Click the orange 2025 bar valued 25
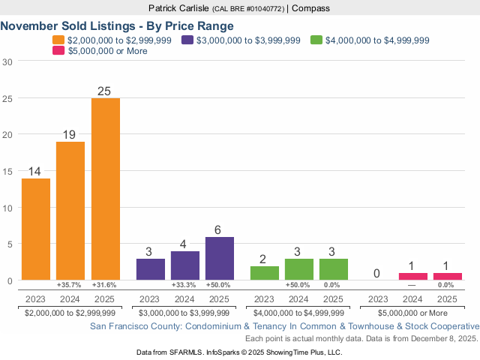click(106, 189)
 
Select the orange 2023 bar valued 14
click(36, 229)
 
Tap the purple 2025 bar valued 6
click(220, 258)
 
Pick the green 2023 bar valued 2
click(264, 273)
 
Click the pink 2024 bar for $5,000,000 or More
click(413, 276)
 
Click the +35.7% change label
click(70, 285)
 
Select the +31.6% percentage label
click(106, 285)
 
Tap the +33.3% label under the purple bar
click(184, 285)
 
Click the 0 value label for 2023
click(379, 274)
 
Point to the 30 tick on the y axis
click(7, 61)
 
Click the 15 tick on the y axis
click(7, 171)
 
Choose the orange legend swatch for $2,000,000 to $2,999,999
click(58, 40)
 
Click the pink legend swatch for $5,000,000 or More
click(58, 51)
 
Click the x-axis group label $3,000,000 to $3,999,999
click(184, 313)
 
